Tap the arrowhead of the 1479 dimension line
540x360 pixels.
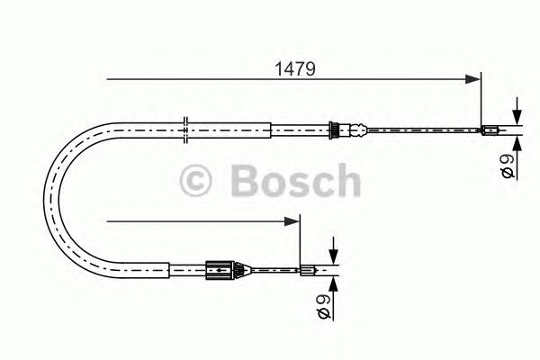coord(474,79)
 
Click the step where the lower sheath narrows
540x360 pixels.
coord(167,266)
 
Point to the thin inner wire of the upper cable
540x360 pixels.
coord(423,130)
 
